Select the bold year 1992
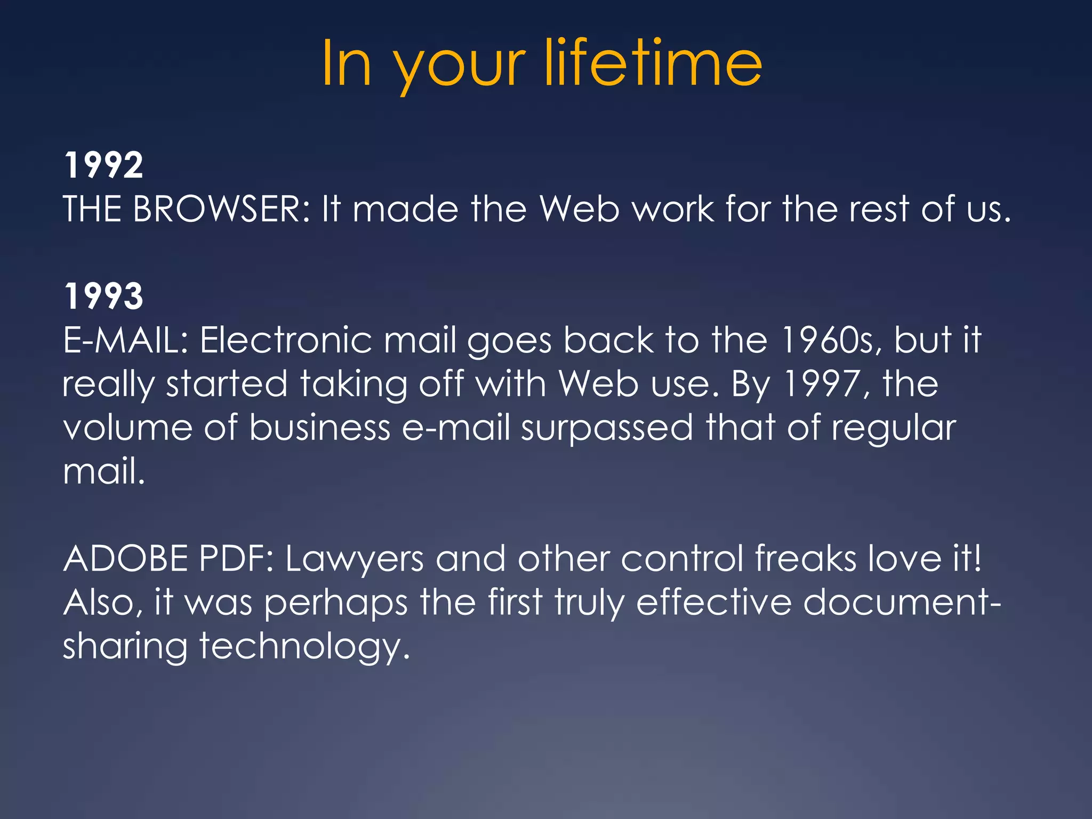point(103,165)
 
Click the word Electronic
point(286,340)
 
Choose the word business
point(320,428)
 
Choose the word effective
point(714,603)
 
